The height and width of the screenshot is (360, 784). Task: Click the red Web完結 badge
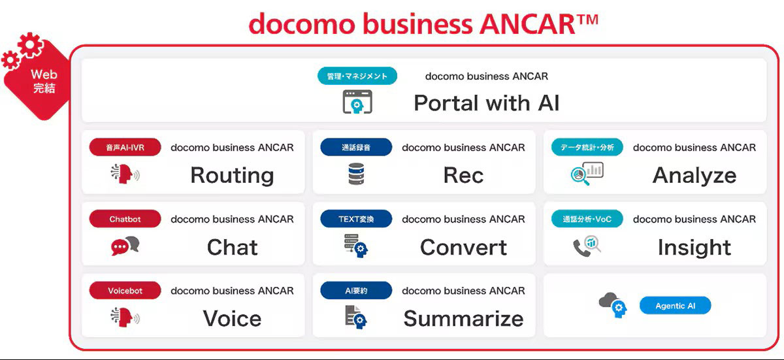point(41,81)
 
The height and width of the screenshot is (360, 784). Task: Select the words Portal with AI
point(486,103)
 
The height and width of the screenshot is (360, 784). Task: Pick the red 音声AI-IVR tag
point(125,148)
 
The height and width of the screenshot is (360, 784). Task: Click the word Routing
point(232,175)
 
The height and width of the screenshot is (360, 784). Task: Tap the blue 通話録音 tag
point(356,148)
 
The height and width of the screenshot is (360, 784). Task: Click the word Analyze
point(694,175)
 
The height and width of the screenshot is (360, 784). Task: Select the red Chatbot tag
point(125,219)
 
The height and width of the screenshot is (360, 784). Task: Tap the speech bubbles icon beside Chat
point(125,246)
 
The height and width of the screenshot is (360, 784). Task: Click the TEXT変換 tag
point(356,219)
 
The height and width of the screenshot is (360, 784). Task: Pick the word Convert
point(463,247)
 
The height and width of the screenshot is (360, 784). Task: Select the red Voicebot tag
point(125,291)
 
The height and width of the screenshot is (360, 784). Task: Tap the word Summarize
point(463,318)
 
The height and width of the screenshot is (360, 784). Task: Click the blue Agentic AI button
point(675,306)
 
